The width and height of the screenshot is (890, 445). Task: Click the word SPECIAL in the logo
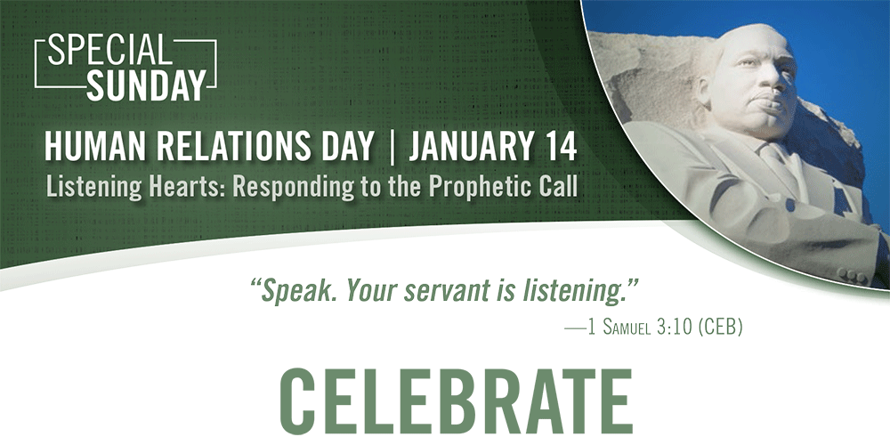110,51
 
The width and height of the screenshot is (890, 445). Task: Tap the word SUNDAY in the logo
146,85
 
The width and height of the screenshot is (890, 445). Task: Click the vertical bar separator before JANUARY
392,147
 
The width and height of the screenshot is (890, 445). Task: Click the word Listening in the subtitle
93,187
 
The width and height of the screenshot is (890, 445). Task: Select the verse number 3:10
675,328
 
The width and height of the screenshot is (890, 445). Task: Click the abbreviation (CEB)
720,328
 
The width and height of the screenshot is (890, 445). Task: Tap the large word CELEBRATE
455,401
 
